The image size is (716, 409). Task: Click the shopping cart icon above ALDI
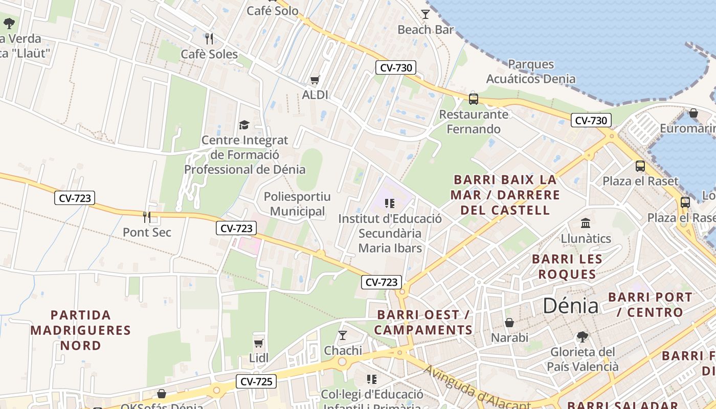pyautogui.click(x=315, y=80)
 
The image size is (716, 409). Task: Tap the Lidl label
pyautogui.click(x=259, y=358)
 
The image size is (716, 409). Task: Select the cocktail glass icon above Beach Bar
pyautogui.click(x=426, y=14)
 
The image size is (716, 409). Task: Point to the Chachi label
pyautogui.click(x=343, y=351)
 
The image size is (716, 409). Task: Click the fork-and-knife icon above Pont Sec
pyautogui.click(x=147, y=217)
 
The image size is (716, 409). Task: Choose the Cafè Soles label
pyautogui.click(x=209, y=54)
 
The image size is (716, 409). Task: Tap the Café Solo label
pyautogui.click(x=273, y=10)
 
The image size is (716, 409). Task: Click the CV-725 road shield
pyautogui.click(x=256, y=381)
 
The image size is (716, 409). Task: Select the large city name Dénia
pyautogui.click(x=570, y=306)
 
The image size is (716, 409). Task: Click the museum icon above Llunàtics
pyautogui.click(x=586, y=223)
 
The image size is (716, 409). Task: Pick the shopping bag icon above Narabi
pyautogui.click(x=509, y=323)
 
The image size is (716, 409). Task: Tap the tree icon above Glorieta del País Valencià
pyautogui.click(x=582, y=336)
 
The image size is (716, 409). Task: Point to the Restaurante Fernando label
pyautogui.click(x=474, y=122)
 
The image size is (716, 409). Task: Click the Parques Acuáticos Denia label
pyautogui.click(x=531, y=72)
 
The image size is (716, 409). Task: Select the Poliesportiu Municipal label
pyautogui.click(x=297, y=204)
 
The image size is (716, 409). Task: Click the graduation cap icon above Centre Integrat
pyautogui.click(x=244, y=125)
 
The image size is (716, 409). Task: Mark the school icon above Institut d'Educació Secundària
pyautogui.click(x=390, y=203)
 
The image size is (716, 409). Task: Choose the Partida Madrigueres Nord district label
pyautogui.click(x=80, y=330)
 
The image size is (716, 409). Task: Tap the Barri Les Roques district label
pyautogui.click(x=567, y=266)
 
